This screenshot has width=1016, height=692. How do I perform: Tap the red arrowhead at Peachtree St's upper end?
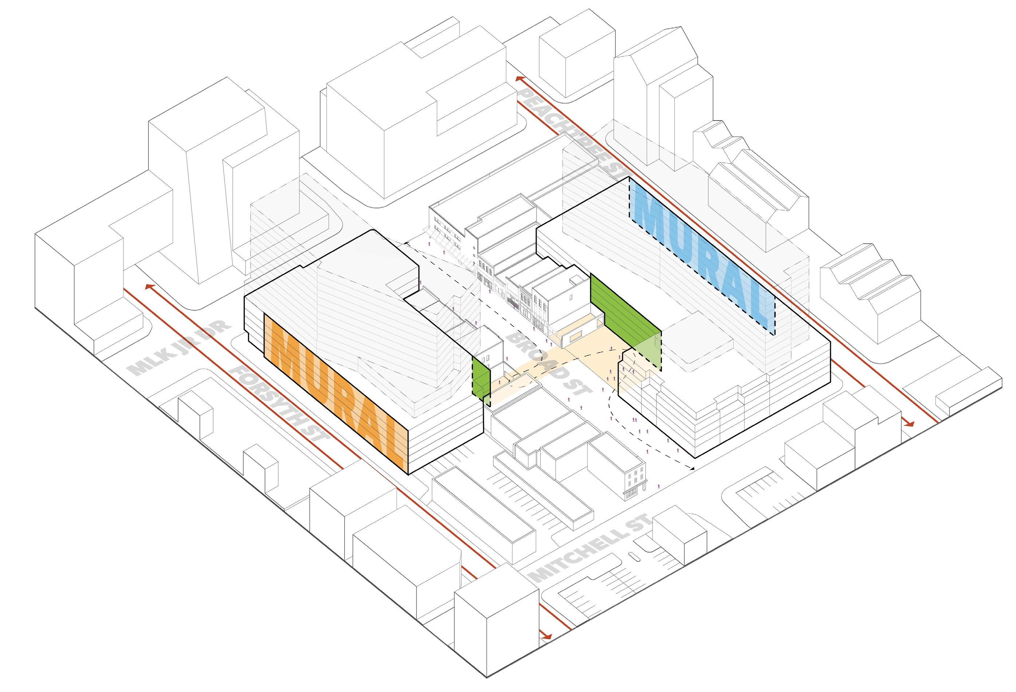(x=519, y=79)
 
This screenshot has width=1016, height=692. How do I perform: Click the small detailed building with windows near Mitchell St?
(x=635, y=483)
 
